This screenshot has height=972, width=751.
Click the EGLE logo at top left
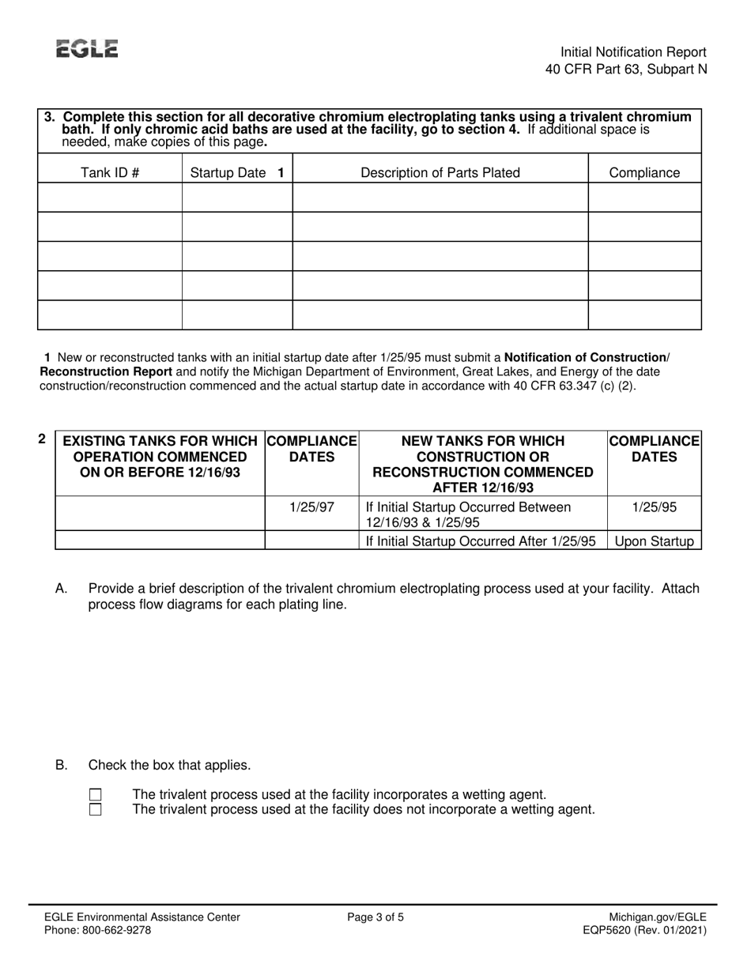[87, 49]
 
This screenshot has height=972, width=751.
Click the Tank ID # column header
[110, 172]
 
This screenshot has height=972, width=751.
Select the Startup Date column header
[237, 172]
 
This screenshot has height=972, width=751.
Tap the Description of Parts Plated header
[440, 172]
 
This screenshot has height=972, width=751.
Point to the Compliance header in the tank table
[644, 172]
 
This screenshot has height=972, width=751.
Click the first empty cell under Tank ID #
[110, 197]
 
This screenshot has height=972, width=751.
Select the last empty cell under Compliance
[644, 315]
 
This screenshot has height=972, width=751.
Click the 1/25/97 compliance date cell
[311, 507]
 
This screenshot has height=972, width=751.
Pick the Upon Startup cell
[654, 541]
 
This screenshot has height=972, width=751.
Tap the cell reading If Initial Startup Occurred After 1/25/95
[481, 541]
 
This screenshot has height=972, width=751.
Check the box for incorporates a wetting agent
[96, 795]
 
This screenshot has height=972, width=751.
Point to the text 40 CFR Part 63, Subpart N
[626, 69]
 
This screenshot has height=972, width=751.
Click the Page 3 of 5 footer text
[375, 917]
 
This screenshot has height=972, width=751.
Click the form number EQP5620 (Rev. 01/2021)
[643, 930]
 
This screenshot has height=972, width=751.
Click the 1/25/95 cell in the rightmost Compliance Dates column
[654, 507]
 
